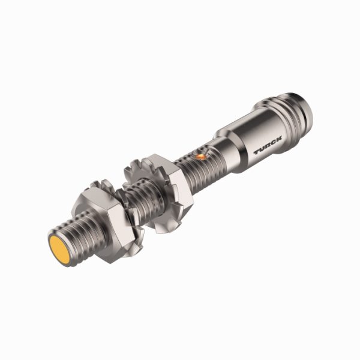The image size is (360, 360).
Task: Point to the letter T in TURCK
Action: pos(256,154)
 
